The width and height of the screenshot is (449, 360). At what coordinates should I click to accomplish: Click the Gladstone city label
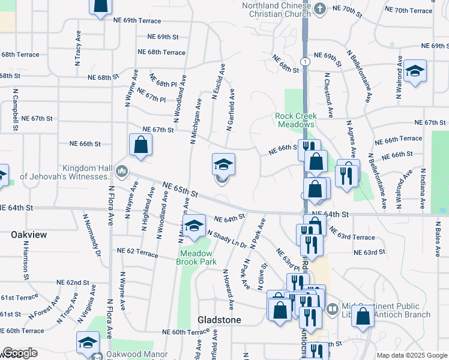(220, 320)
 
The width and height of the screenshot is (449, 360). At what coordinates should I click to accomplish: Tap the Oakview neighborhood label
(28, 235)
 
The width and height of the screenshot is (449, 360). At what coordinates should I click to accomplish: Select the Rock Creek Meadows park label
(295, 120)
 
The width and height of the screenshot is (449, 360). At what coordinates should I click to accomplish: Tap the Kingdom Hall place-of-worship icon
(122, 172)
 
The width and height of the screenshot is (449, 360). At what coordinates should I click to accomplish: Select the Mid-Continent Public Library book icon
(332, 309)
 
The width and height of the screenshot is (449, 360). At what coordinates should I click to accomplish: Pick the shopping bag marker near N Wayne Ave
(140, 145)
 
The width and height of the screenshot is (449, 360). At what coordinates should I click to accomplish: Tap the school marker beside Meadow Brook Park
(194, 227)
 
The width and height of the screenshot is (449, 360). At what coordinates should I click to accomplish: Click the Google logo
(20, 352)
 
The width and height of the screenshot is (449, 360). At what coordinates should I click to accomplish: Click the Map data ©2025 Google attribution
(412, 355)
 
